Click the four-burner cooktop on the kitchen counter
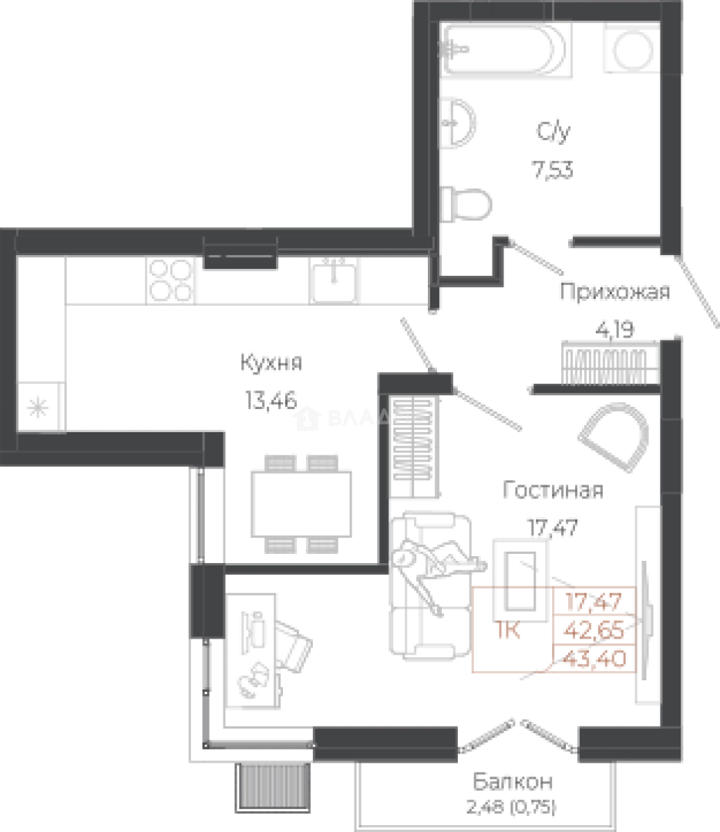[x=172, y=279]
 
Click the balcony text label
[x=514, y=793]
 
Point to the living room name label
[x=550, y=488]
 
